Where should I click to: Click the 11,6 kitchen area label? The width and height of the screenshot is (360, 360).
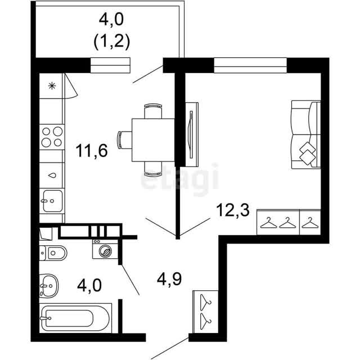point(92,151)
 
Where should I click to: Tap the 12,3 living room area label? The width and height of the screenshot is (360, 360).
point(233,210)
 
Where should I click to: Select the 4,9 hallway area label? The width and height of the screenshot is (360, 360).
point(169,279)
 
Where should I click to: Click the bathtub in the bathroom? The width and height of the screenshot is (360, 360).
point(75,318)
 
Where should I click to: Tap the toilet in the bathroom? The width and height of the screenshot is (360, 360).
point(53,253)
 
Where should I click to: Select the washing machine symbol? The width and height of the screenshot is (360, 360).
point(105,249)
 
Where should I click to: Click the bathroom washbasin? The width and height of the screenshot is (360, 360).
point(49,286)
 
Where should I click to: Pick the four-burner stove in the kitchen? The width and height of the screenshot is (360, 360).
point(52,137)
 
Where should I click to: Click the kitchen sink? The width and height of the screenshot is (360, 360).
point(52,201)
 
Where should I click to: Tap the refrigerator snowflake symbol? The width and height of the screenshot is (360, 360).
point(52,86)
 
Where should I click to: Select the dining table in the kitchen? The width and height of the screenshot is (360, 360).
point(153,140)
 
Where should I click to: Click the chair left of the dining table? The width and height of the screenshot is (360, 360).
point(124,140)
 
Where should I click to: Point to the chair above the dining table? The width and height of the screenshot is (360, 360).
point(153,111)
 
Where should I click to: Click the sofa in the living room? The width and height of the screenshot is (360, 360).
point(306,135)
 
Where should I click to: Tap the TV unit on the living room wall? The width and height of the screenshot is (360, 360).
point(192,134)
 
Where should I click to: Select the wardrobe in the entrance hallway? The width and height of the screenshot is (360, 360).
point(205,312)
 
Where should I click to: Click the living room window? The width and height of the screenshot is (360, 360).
point(250,65)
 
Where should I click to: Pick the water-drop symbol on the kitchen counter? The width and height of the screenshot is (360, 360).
point(52,175)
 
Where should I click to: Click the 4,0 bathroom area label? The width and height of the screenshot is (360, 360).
point(89,286)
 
